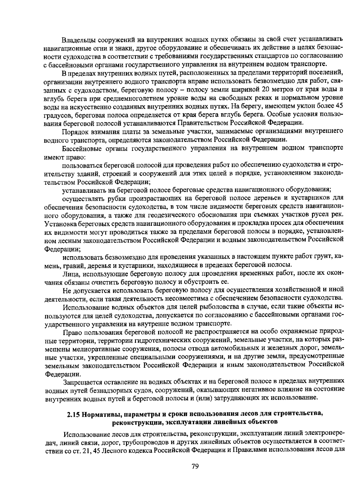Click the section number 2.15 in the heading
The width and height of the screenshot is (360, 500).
(73, 415)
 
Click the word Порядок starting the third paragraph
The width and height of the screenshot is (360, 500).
(74, 132)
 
